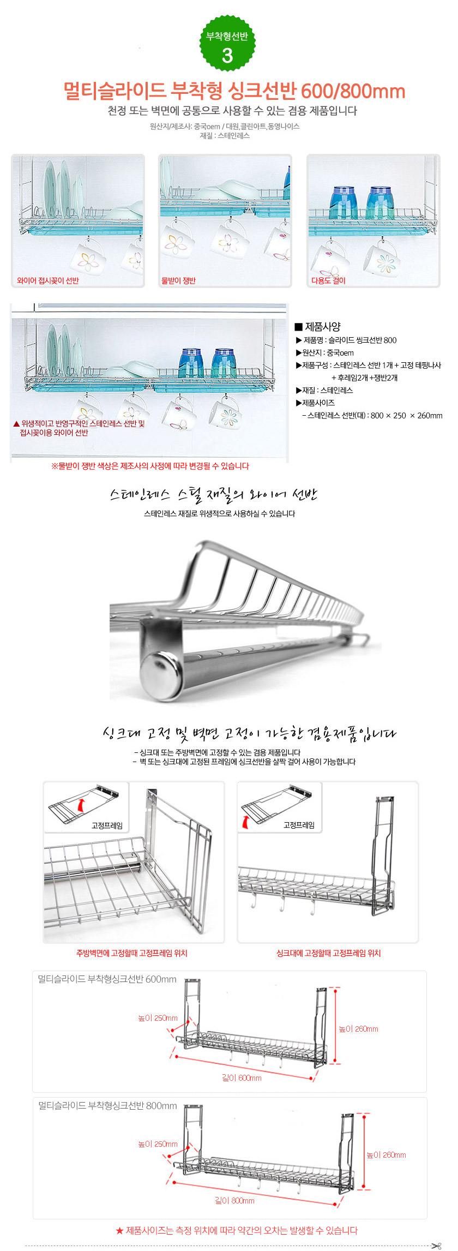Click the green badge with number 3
tap(227, 43)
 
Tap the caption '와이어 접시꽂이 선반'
tap(48, 280)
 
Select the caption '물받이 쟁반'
tap(178, 280)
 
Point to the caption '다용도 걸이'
tap(328, 280)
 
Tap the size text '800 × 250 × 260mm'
tap(406, 415)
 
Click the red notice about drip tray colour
tap(150, 466)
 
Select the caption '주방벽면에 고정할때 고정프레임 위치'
tap(132, 953)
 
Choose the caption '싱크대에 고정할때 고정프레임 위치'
tap(328, 953)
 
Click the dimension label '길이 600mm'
tap(242, 1078)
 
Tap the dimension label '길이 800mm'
tap(234, 1200)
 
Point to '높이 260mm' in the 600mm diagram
tap(358, 1029)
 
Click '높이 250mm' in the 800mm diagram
tap(158, 1144)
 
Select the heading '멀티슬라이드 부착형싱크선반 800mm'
tap(107, 1105)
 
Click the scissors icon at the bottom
tap(436, 1246)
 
